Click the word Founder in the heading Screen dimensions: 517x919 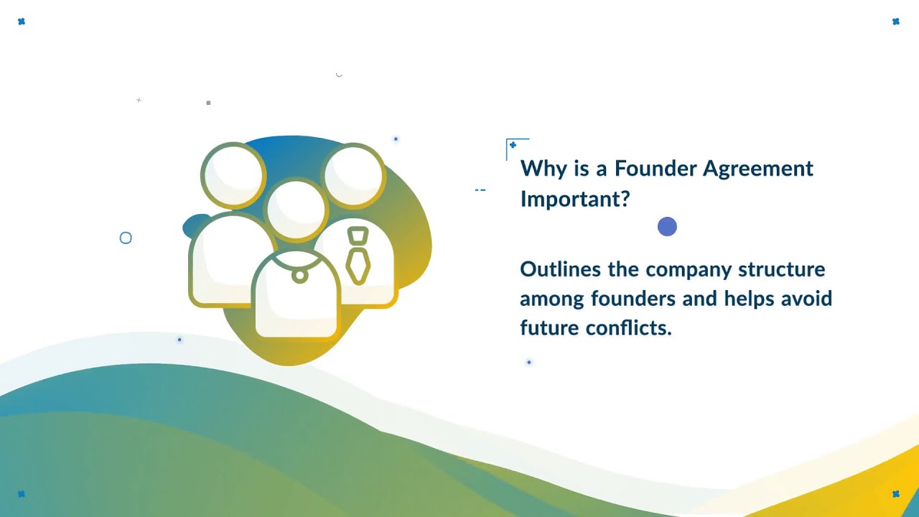tap(655, 169)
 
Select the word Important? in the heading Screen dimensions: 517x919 tap(574, 199)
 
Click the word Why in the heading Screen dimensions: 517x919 tap(538, 169)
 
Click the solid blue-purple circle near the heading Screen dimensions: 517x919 tap(667, 227)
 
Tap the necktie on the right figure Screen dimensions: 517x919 tap(358, 256)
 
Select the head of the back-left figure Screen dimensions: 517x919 tap(233, 175)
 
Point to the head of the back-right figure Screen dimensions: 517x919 tap(355, 175)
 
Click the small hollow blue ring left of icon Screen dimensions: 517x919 tap(126, 238)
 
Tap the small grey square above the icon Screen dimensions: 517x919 tap(208, 103)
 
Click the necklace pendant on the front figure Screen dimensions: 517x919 tap(299, 276)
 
